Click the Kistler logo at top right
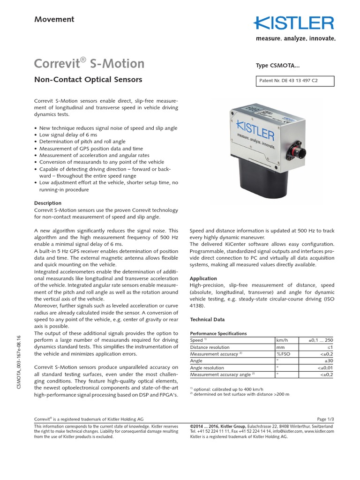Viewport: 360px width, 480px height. click(294, 23)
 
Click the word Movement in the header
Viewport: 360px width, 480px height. click(54, 19)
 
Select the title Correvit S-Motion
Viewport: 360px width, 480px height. click(90, 63)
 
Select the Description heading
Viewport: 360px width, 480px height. click(48, 203)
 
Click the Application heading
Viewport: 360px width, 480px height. click(204, 278)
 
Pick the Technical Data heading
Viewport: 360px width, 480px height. click(207, 319)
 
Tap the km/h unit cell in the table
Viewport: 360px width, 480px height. click(282, 340)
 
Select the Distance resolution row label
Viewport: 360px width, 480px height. click(210, 347)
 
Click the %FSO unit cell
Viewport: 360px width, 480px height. click(284, 354)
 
